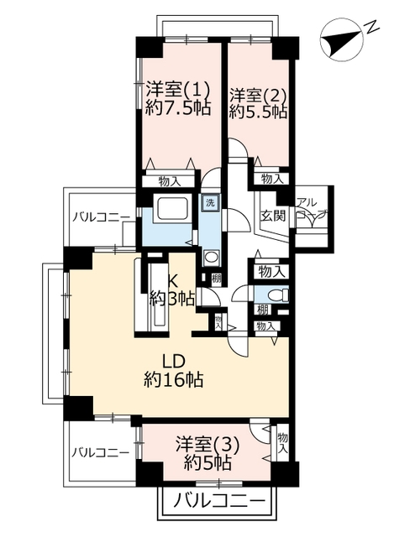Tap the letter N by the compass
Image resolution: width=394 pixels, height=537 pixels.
371,27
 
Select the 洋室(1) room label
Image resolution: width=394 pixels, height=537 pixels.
177,90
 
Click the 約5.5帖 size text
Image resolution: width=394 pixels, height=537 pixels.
258,112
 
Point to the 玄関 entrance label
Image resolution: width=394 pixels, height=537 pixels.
274,216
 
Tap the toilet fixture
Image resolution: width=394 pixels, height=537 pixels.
277,295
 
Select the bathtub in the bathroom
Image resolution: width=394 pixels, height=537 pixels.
172,209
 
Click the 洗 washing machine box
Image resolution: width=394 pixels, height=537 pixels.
210,202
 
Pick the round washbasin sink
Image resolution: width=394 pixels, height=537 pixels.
210,257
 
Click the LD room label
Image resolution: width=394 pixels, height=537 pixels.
174,362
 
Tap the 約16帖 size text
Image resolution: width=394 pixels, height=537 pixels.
174,379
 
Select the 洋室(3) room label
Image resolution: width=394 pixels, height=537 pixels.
208,446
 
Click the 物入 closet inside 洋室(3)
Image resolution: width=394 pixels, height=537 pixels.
282,442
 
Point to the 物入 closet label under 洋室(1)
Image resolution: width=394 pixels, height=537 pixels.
170,181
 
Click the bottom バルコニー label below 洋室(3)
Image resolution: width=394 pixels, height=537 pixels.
220,503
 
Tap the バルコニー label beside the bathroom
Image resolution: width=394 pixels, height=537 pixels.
101,217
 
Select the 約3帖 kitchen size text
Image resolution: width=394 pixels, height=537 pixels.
172,299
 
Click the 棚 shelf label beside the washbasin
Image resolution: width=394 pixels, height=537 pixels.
216,278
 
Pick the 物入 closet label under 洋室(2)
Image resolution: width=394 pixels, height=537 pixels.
272,178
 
